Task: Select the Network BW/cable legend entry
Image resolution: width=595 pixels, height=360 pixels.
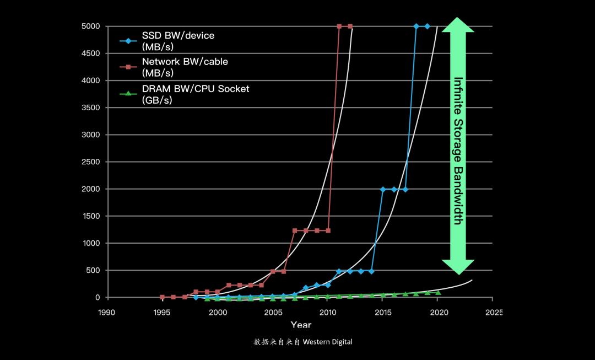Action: (185, 67)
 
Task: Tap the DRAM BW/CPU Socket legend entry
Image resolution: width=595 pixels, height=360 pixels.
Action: (196, 93)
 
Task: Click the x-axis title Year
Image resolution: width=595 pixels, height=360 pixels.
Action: (301, 325)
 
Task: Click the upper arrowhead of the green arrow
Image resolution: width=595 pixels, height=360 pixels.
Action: (458, 25)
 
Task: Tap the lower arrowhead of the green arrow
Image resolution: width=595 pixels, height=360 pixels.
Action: (458, 267)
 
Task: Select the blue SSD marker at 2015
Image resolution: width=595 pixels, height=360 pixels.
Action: (383, 189)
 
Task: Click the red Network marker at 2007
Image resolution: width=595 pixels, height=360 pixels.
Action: (295, 230)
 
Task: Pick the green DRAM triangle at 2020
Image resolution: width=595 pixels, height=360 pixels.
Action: (438, 292)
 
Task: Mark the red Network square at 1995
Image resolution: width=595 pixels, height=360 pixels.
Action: (162, 297)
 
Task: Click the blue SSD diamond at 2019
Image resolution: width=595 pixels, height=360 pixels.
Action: (427, 26)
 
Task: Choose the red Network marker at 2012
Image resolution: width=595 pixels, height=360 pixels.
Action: (350, 26)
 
